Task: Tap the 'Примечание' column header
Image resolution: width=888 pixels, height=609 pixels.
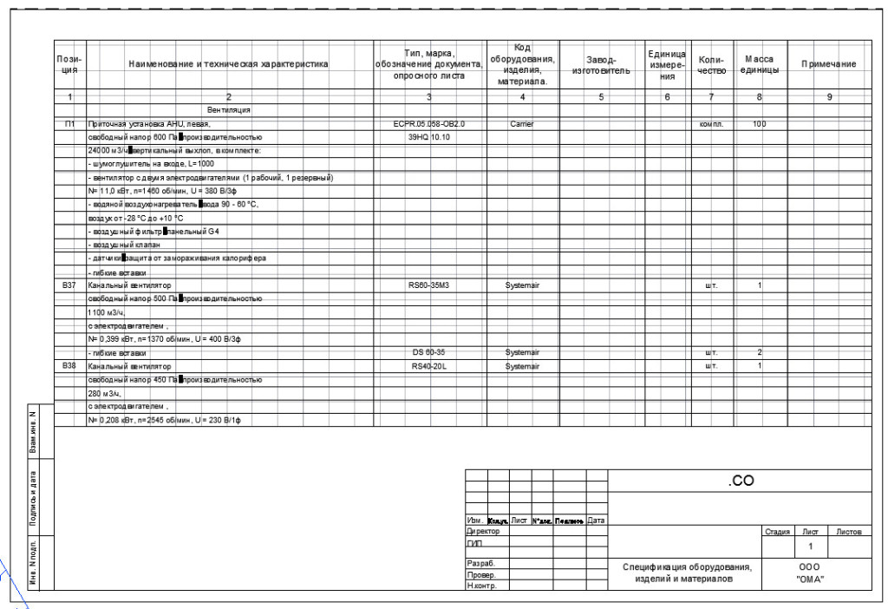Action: (x=828, y=64)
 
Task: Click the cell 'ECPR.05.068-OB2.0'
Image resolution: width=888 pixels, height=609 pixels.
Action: (x=429, y=124)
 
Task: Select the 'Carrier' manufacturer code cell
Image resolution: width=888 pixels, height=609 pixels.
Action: (x=522, y=124)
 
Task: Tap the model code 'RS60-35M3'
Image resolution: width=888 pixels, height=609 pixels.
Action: (x=429, y=285)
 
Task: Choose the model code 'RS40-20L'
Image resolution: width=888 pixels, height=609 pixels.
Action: (x=429, y=366)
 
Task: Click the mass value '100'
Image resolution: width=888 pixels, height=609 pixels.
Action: (x=760, y=124)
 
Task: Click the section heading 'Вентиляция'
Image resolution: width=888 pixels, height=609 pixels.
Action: (x=228, y=111)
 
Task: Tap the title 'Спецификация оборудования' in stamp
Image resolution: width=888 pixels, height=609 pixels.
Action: (x=688, y=567)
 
